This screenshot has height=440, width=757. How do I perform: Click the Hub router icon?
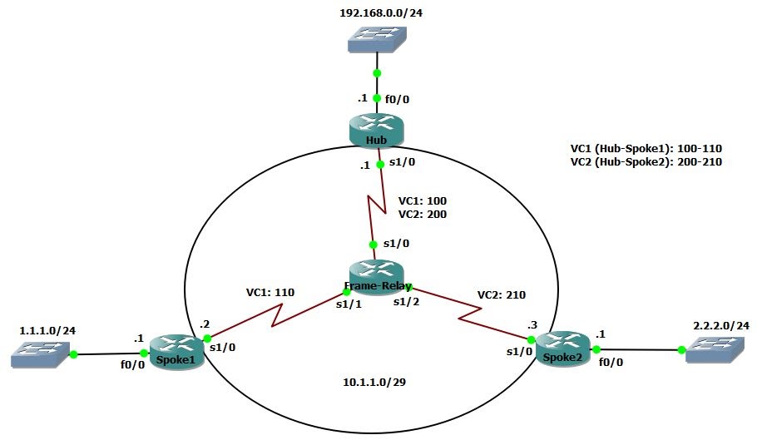pos(377,130)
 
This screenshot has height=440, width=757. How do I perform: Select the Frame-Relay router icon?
pos(376,275)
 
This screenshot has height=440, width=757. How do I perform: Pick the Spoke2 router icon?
pos(563,346)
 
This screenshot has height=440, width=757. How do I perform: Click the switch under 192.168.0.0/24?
pos(376,39)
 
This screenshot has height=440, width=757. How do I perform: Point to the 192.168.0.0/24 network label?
pos(376,13)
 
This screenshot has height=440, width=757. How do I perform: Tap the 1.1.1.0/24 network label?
pos(47,330)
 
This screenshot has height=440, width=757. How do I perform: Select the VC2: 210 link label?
pos(501,294)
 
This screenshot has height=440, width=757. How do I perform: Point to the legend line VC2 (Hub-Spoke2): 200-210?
pos(646,162)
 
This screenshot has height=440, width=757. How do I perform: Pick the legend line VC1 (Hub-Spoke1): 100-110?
pos(646,149)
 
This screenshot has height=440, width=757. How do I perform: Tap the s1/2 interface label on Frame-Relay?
pos(407,301)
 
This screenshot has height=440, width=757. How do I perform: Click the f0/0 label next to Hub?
pos(397,99)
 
